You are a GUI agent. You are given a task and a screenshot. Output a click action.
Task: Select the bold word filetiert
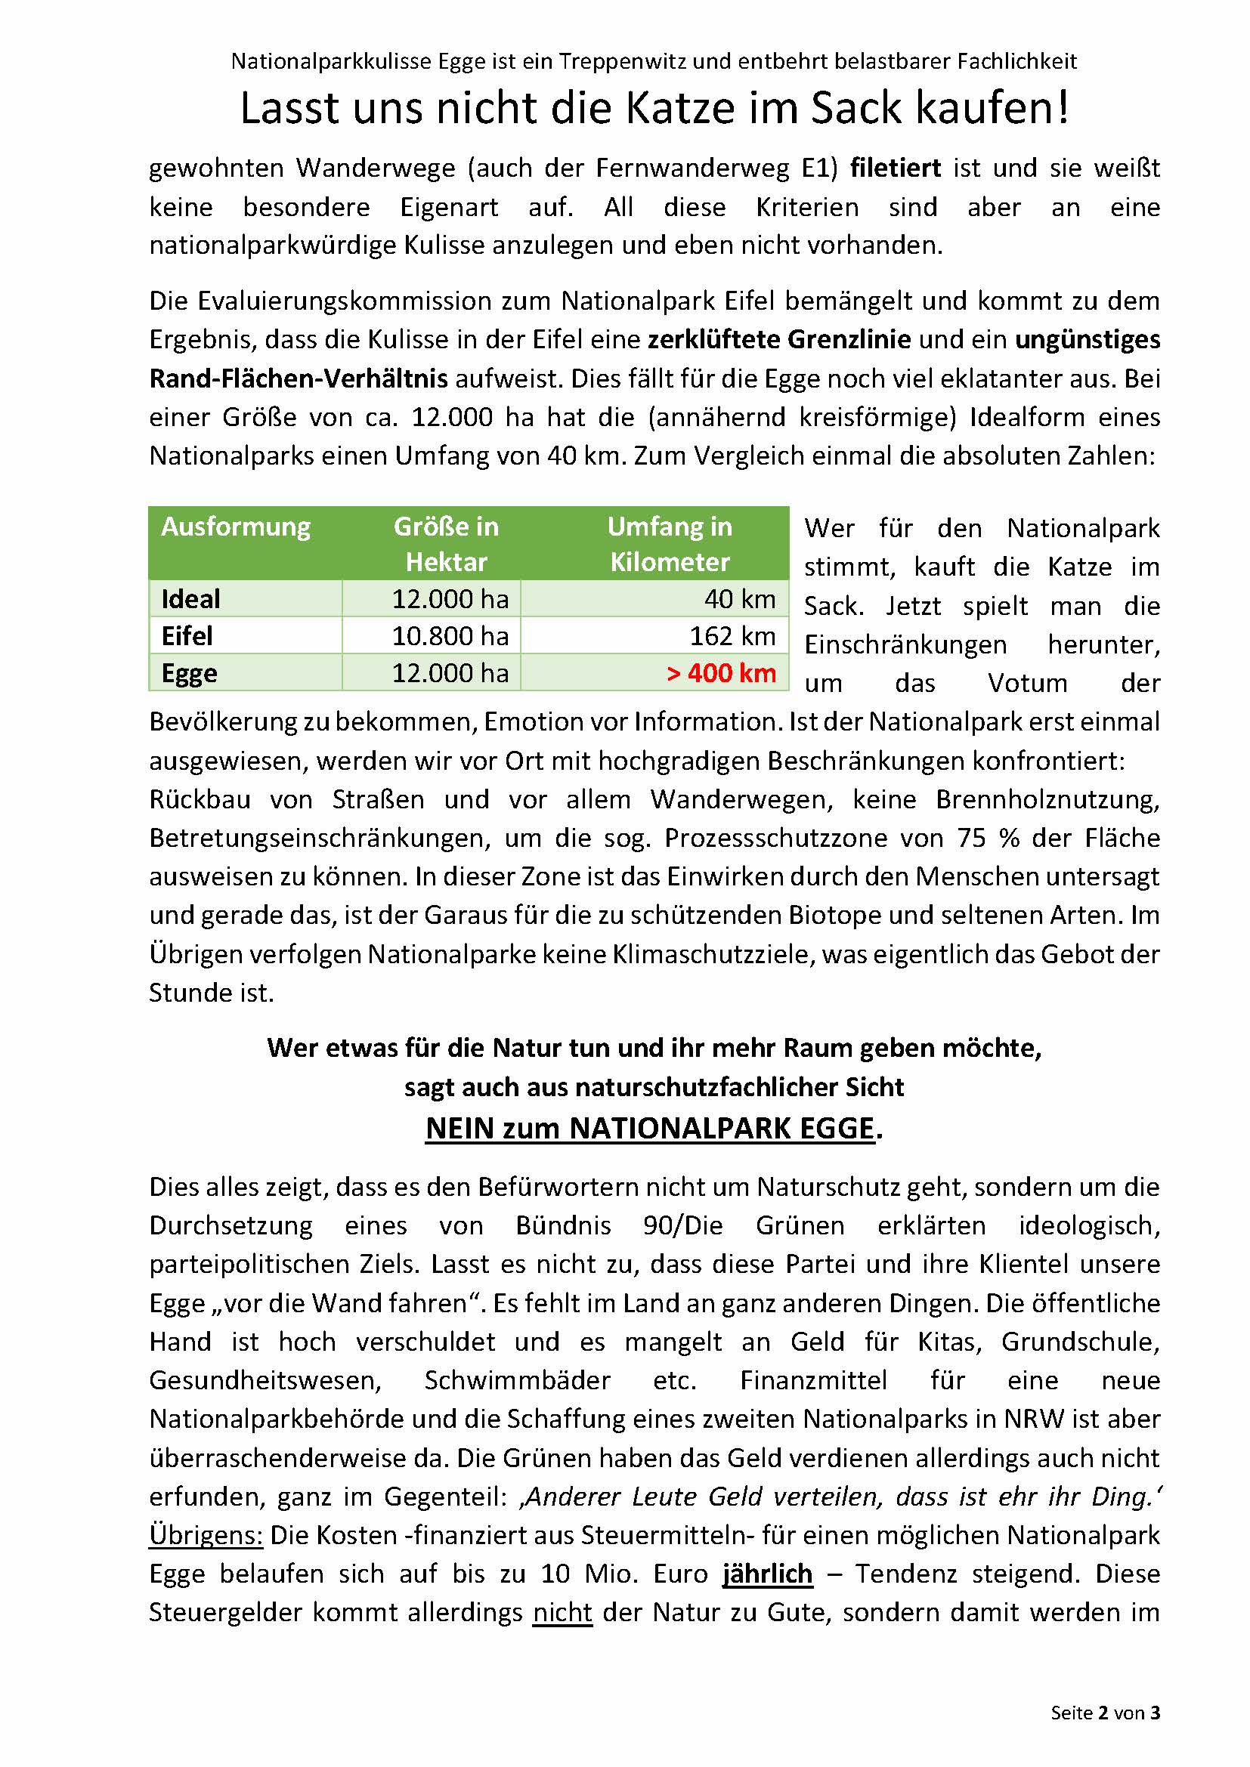point(895,168)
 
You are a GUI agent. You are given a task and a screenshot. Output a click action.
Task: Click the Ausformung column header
point(236,527)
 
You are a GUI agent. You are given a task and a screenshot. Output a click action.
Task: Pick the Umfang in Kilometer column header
point(669,544)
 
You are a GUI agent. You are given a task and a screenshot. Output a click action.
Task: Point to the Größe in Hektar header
point(447,544)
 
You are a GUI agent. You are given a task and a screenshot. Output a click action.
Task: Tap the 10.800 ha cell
point(450,636)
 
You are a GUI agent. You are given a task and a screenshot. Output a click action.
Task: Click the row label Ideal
point(191,600)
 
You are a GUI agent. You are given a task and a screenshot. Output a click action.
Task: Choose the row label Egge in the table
point(190,673)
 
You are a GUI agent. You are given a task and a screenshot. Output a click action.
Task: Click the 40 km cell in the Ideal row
point(740,600)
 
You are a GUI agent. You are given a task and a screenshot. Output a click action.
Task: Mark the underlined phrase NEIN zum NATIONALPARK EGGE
point(650,1129)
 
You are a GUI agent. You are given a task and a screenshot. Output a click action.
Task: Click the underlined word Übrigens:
point(206,1535)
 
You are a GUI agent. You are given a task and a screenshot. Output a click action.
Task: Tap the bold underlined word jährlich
point(767,1574)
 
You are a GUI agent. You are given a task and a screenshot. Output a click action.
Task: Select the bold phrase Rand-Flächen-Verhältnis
point(299,378)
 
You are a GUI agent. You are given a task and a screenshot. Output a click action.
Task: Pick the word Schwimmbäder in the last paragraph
point(517,1380)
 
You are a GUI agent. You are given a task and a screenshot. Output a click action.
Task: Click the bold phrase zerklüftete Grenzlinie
point(779,339)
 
